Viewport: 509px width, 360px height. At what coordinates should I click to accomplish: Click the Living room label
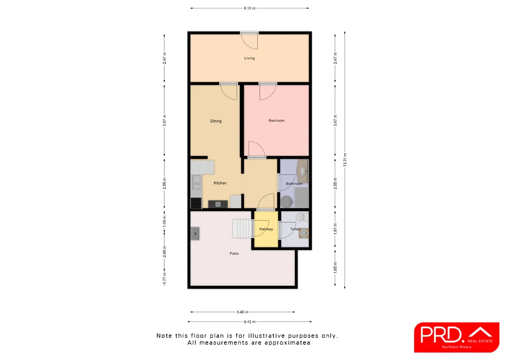[249, 58]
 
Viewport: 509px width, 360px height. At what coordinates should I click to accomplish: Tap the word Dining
[216, 121]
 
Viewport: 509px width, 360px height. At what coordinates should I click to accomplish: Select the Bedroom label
[276, 121]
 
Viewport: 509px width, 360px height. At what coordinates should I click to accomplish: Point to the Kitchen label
[220, 183]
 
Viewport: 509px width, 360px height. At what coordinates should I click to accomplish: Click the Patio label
[234, 254]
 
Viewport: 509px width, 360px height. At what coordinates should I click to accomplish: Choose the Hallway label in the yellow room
[266, 230]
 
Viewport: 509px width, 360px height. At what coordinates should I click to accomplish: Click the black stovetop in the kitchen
[196, 203]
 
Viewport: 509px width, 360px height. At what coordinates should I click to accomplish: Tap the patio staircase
[243, 229]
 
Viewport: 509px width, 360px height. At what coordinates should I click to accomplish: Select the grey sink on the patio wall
[195, 232]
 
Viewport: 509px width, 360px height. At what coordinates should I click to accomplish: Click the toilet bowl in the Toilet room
[301, 217]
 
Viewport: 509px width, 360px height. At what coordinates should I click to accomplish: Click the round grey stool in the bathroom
[286, 201]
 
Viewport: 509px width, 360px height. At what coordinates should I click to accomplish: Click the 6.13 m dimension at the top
[249, 8]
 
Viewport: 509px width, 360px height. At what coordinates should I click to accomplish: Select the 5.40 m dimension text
[242, 312]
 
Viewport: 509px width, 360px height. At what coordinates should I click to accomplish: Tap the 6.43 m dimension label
[249, 322]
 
